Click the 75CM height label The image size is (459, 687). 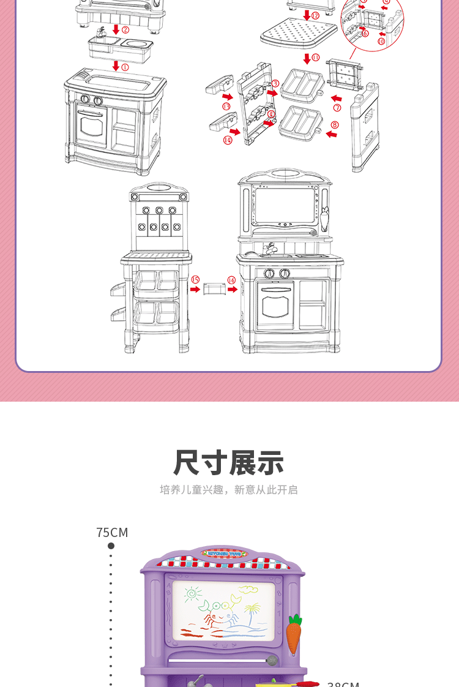point(112,533)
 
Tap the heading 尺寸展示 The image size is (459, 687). point(229,463)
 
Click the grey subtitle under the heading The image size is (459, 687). point(229,490)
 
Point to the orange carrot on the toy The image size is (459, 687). point(294,634)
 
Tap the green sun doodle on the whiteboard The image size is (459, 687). point(192,593)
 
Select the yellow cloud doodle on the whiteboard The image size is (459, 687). point(247,590)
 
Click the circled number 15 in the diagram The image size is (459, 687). point(195,280)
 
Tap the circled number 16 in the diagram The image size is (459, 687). point(231,280)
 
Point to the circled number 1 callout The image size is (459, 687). point(125,67)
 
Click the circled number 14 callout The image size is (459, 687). point(228,140)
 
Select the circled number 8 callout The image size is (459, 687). point(334,125)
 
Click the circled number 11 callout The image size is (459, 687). point(315,58)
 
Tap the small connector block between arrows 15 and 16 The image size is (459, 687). point(214,288)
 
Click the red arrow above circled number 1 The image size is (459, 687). point(115,66)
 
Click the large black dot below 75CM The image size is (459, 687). point(111,546)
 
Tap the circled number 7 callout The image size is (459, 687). point(337,108)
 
